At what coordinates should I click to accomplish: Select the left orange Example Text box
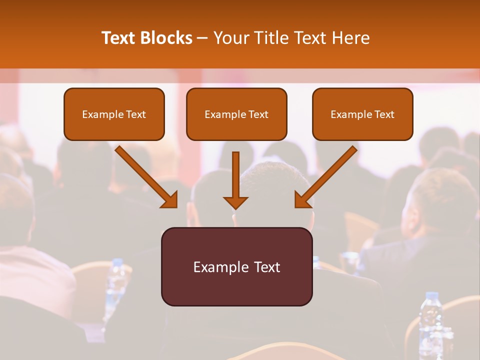(x=114, y=114)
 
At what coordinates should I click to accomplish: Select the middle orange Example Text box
(x=236, y=114)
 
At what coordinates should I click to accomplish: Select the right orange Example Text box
(x=362, y=114)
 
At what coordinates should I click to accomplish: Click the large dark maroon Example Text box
(x=236, y=266)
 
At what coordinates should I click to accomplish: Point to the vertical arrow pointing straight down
(x=235, y=175)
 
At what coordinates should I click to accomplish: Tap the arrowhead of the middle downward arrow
(x=235, y=202)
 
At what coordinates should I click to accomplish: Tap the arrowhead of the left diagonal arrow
(x=170, y=200)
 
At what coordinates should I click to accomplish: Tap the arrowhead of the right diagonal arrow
(x=302, y=200)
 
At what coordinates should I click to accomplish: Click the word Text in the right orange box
(x=384, y=114)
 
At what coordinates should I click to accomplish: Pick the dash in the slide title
(x=202, y=38)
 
